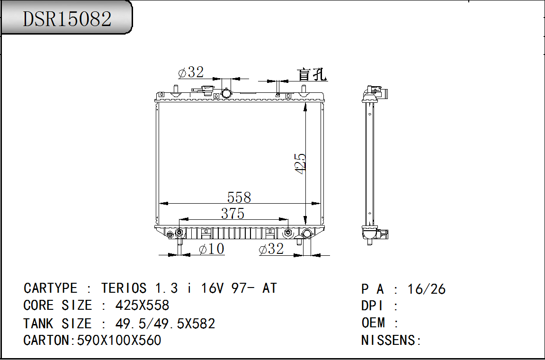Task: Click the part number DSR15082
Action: [x=67, y=18]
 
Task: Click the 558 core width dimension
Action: [x=239, y=197]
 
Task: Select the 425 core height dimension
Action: [x=300, y=163]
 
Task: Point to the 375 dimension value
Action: [x=232, y=214]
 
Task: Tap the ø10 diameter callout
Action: [x=212, y=249]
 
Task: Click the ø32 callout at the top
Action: [x=191, y=72]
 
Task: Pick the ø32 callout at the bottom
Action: [x=271, y=249]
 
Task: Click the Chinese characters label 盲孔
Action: [x=312, y=74]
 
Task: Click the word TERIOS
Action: [x=124, y=288]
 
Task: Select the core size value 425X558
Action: [x=142, y=306]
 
